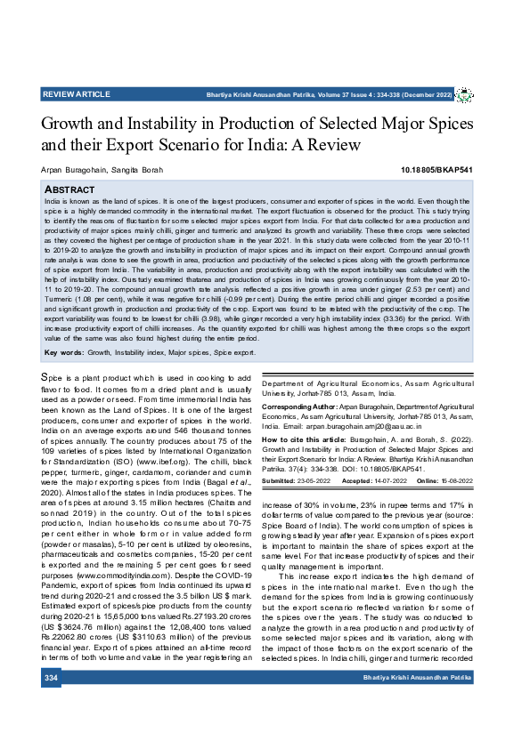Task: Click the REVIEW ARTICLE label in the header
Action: (76, 94)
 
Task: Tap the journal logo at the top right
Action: (464, 94)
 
